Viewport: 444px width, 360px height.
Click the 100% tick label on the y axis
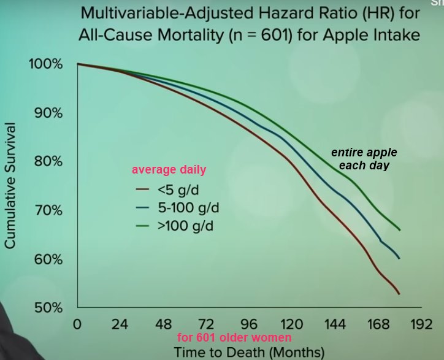45,64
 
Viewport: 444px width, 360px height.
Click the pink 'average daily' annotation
169,170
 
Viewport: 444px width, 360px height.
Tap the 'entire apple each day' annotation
364,159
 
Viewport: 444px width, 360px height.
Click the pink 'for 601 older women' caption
234,338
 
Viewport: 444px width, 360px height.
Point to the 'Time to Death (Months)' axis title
249,352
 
